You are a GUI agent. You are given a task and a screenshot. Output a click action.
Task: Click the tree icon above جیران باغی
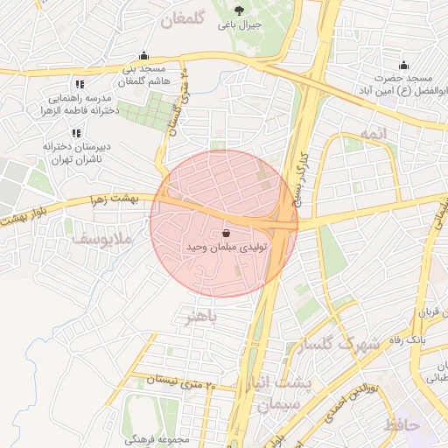[x=240, y=10]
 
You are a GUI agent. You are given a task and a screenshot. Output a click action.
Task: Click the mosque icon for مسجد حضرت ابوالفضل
[x=403, y=65]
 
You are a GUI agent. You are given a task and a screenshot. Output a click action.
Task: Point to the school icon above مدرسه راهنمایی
[x=80, y=85]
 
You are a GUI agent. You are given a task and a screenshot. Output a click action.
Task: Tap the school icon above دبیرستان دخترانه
[x=76, y=133]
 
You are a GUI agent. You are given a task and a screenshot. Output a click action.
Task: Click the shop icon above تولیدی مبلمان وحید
[x=227, y=234]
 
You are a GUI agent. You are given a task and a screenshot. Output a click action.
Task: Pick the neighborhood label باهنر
[x=195, y=315]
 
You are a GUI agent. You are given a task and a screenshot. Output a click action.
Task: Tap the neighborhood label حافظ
[x=402, y=425]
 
